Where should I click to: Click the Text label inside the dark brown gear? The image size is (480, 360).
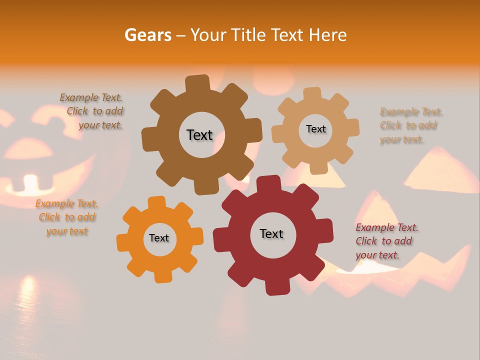click(199, 135)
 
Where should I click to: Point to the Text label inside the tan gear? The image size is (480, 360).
click(315, 129)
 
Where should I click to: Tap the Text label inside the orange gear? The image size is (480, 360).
click(159, 238)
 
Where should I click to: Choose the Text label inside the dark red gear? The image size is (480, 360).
click(271, 234)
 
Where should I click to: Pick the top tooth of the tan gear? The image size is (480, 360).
click(312, 94)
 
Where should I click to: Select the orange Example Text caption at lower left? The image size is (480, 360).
click(66, 217)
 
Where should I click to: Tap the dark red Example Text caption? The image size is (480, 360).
click(386, 241)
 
